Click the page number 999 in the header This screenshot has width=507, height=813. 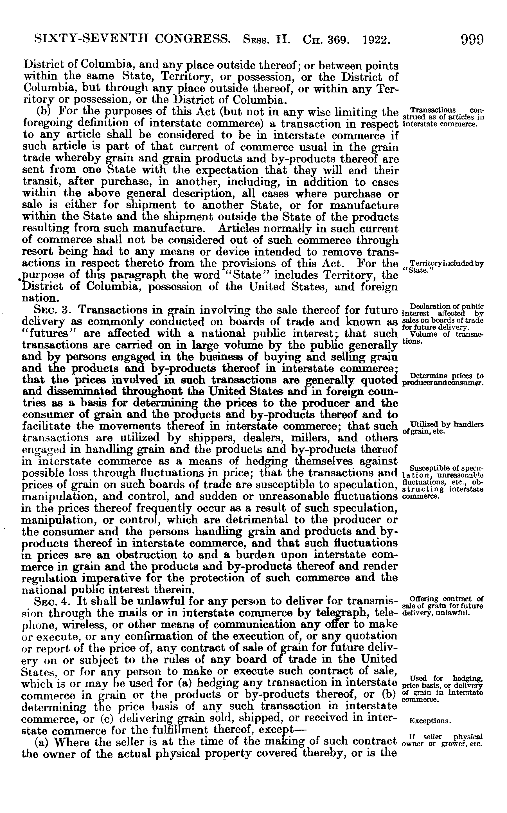(472, 39)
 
